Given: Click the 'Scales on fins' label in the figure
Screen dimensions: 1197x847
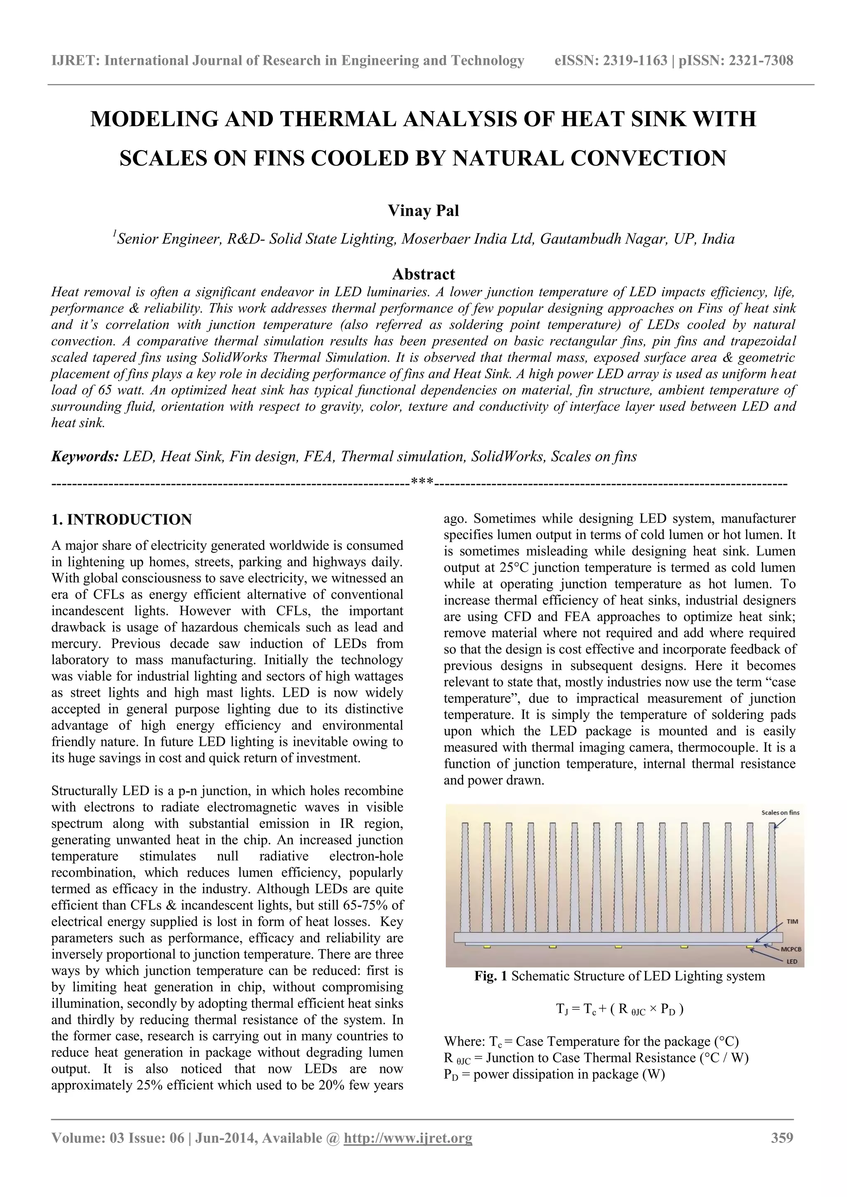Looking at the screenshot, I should click(780, 812).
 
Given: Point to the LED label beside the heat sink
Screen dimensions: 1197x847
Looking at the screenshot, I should click(792, 962).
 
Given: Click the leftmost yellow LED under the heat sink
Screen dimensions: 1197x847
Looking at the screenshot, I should click(487, 946).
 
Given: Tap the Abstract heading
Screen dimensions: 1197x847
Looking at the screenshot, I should click(423, 274).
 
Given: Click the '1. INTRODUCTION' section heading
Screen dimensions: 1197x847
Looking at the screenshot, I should click(122, 520).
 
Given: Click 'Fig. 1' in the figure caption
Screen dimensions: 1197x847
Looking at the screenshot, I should click(490, 976).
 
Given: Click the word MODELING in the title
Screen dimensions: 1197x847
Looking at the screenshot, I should click(155, 119).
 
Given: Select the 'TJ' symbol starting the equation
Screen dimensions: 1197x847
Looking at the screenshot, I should click(561, 1009).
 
